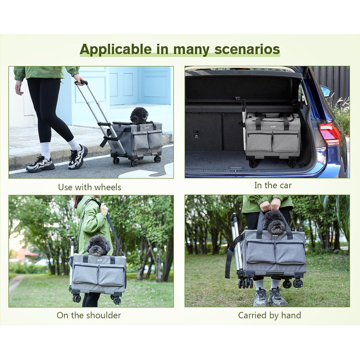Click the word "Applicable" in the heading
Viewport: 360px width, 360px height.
pyautogui.click(x=116, y=49)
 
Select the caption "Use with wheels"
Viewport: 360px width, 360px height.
pyautogui.click(x=89, y=187)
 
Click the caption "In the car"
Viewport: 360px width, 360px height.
pyautogui.click(x=273, y=185)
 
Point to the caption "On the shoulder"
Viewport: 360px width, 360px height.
pyautogui.click(x=89, y=315)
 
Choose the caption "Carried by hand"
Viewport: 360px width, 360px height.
pyautogui.click(x=269, y=315)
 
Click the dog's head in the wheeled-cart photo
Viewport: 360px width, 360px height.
pyautogui.click(x=139, y=115)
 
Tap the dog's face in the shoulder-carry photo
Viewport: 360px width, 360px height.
pyautogui.click(x=98, y=246)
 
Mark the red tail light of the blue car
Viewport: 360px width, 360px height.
pyautogui.click(x=330, y=134)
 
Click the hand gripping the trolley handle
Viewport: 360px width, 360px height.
pyautogui.click(x=79, y=80)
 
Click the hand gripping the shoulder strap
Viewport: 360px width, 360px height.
pyautogui.click(x=104, y=208)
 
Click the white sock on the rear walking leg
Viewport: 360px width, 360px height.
pyautogui.click(x=74, y=144)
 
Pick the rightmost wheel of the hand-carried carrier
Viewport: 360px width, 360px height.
pyautogui.click(x=298, y=283)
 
